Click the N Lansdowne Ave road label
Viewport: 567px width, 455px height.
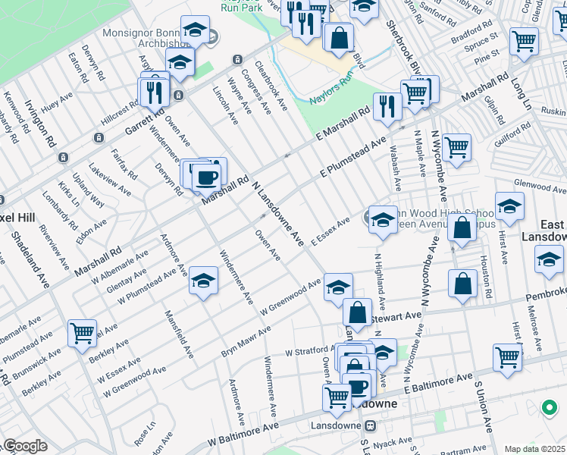(277, 211)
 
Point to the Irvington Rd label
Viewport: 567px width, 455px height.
(39, 123)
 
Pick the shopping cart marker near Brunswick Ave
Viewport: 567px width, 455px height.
(82, 333)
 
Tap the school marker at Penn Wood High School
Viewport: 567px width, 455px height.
(383, 220)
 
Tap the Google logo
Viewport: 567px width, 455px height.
(26, 446)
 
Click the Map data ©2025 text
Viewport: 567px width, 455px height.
(534, 449)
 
